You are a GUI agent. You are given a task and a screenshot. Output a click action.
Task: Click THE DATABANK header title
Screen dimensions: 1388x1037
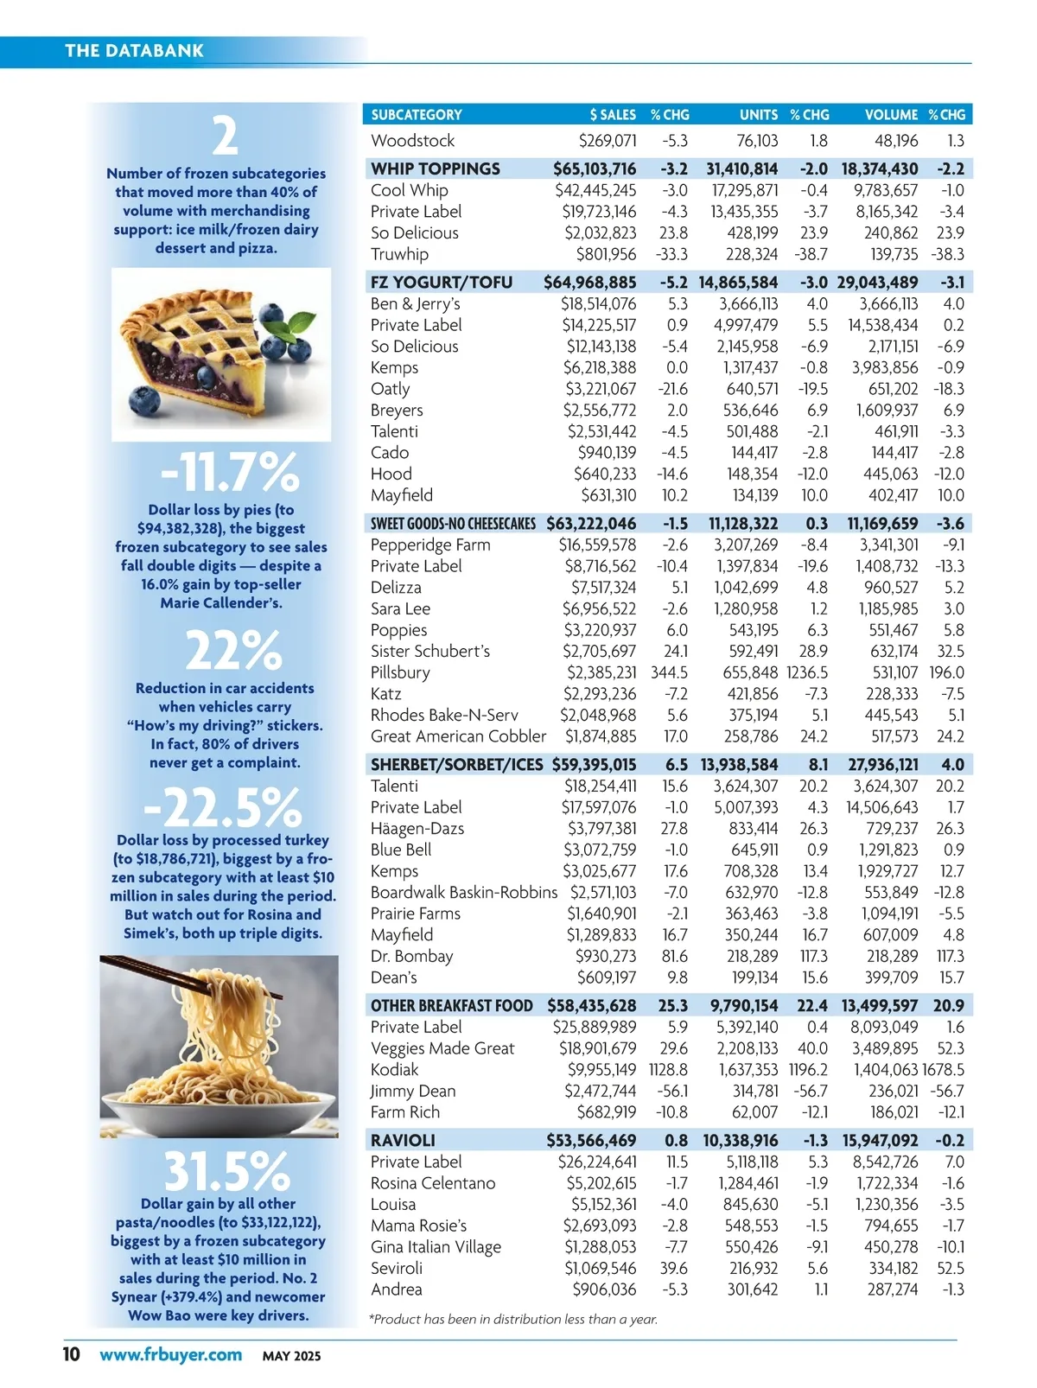coord(134,50)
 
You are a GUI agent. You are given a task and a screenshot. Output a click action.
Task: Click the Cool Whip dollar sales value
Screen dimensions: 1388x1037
coord(595,190)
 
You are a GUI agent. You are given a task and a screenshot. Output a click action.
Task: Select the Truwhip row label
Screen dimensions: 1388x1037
coord(399,254)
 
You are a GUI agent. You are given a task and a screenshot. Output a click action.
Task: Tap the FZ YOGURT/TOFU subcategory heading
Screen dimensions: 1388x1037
coord(441,283)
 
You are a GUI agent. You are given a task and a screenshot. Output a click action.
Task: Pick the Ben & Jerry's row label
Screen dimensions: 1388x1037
coord(415,303)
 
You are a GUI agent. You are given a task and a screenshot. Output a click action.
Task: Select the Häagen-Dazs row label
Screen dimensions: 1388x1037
coord(417,828)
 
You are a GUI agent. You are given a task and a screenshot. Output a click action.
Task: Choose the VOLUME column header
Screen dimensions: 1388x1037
coord(891,115)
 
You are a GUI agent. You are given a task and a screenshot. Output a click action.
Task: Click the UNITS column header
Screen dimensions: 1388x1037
coord(758,115)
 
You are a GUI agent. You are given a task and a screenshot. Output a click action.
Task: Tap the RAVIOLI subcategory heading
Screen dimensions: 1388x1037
coord(403,1141)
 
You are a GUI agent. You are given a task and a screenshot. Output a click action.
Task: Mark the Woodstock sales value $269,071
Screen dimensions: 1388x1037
coord(608,141)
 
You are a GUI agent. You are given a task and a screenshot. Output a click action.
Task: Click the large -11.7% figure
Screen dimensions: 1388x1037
coord(230,472)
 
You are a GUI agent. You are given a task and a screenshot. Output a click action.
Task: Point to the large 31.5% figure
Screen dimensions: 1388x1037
coord(226,1171)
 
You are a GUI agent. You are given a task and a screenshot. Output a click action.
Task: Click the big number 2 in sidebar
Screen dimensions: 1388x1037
coord(225,136)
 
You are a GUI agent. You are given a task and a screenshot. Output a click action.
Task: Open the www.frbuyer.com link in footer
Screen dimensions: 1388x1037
coord(170,1354)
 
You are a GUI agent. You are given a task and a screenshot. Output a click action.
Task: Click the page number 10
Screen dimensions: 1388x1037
coord(71,1354)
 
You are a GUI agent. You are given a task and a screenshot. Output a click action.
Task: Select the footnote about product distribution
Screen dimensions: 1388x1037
coord(513,1319)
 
